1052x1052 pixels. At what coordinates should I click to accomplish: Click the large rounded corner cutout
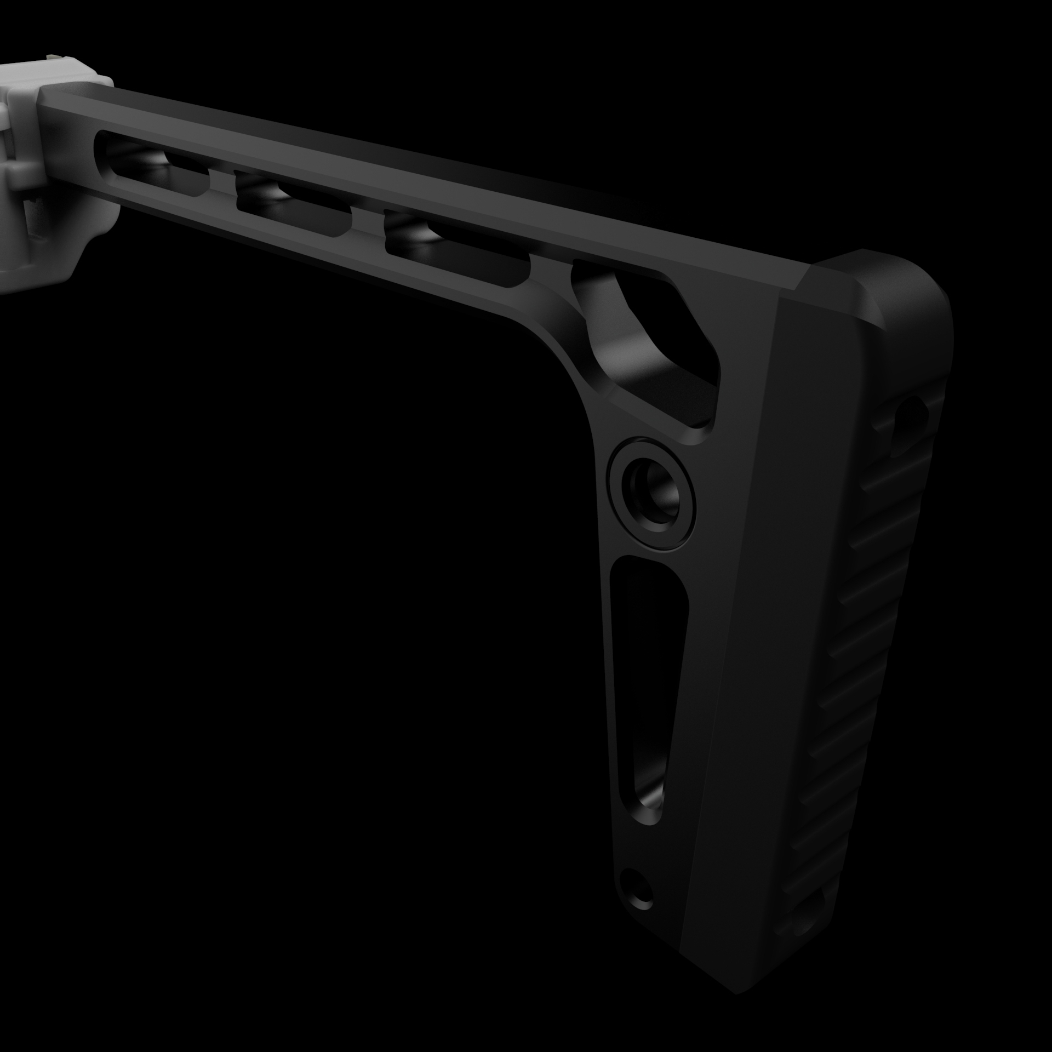click(x=647, y=334)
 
